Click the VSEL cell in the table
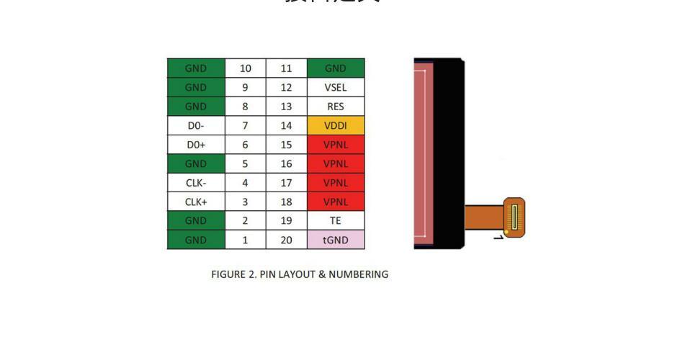coord(336,87)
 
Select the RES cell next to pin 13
coord(336,107)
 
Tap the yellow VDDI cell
coord(336,125)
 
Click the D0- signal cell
coord(196,125)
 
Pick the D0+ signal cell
coord(196,145)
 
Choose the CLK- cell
coord(196,183)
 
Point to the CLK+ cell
coord(196,202)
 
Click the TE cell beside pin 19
coord(336,221)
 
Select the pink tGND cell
coord(336,240)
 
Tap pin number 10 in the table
coord(246,68)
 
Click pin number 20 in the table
coord(286,240)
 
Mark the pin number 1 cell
coord(246,240)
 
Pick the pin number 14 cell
coord(286,125)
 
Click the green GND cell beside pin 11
coord(336,68)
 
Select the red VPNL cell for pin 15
coord(336,145)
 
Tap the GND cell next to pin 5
coord(196,163)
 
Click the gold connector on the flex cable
coord(514,217)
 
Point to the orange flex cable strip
coord(484,216)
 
